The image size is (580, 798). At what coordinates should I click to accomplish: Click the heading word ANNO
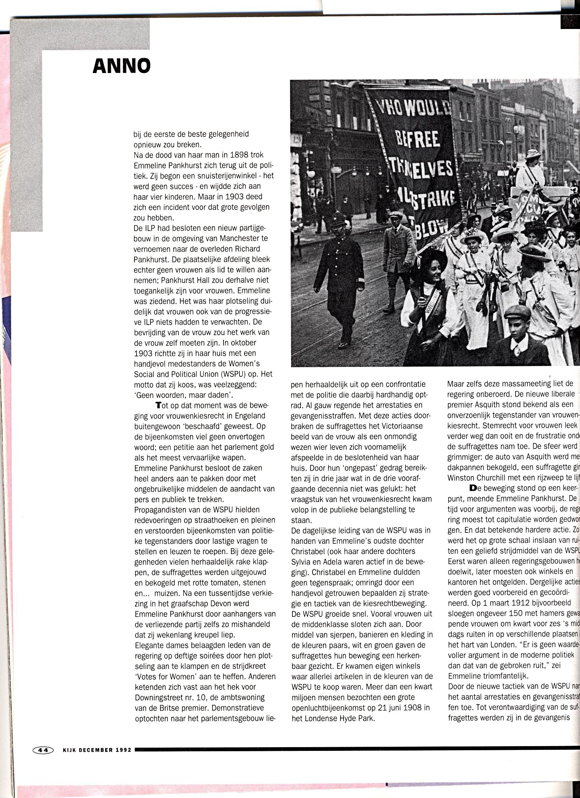pos(122,66)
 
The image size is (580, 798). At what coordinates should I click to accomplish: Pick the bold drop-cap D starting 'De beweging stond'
pos(473,488)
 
